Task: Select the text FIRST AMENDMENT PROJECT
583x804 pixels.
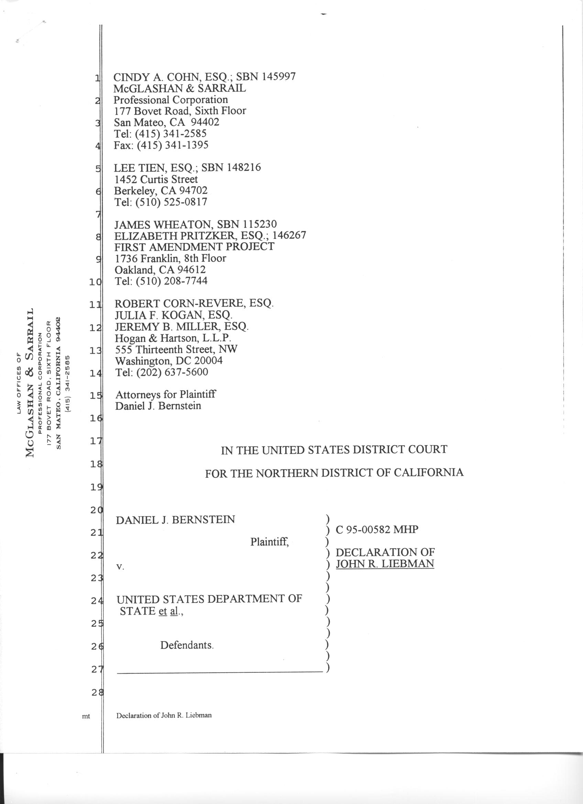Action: click(194, 247)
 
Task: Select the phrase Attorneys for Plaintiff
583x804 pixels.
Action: click(165, 395)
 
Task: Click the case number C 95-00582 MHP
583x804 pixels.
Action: click(377, 530)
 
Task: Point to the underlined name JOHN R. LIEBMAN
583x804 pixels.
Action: click(385, 564)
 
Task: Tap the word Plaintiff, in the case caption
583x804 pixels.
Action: click(269, 542)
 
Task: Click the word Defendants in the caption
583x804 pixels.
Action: click(187, 645)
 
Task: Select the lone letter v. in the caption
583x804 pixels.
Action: click(120, 567)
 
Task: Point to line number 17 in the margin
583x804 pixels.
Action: click(95, 441)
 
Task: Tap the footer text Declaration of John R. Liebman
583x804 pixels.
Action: click(164, 715)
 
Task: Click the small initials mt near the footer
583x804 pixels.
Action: click(86, 716)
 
